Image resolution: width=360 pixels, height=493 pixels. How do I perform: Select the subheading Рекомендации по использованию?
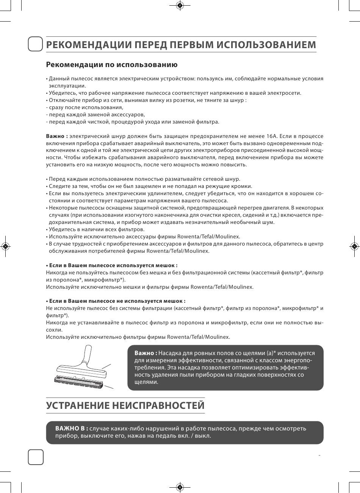point(112,65)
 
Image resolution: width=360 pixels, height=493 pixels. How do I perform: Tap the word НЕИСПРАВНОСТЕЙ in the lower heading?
point(159,405)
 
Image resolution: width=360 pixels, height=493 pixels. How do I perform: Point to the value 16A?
point(271,136)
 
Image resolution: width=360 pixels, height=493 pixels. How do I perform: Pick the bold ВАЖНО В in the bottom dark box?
point(72,429)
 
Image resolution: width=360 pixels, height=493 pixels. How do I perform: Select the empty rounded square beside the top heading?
point(36,44)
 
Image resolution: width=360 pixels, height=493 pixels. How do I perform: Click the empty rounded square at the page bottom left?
point(36,457)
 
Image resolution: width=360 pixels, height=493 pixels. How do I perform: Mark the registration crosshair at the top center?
point(180,5)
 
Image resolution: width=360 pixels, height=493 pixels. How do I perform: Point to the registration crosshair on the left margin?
point(5,246)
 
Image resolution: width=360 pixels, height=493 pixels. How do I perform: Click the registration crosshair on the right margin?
point(355,246)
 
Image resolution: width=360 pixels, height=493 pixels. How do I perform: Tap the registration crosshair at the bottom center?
point(180,487)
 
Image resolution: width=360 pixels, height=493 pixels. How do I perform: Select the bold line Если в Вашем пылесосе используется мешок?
point(111,266)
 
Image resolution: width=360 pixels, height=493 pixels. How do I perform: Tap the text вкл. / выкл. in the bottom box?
point(192,436)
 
